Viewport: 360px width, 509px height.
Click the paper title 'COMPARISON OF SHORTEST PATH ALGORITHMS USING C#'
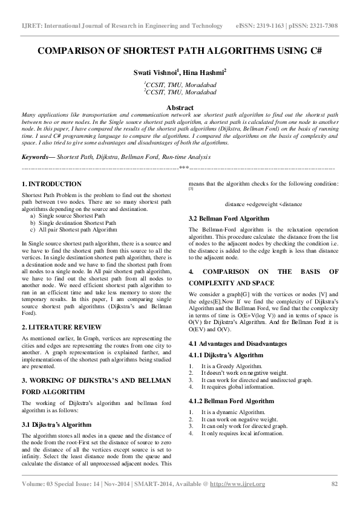(x=180, y=53)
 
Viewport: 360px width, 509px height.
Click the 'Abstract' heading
(x=180, y=106)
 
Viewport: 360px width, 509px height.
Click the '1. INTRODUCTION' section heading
(x=51, y=184)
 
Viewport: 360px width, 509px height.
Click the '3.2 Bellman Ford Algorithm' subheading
(x=229, y=218)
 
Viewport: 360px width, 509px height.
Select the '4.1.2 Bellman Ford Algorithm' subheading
(x=232, y=401)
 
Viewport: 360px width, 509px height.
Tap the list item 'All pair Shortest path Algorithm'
(x=78, y=230)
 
